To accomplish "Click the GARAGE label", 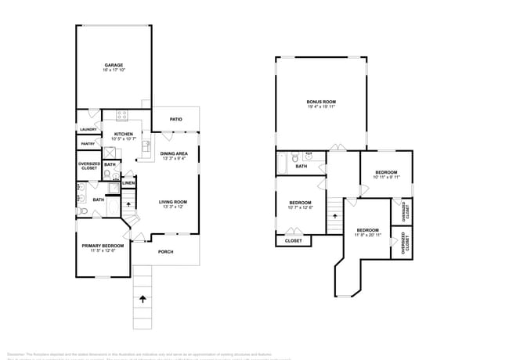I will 114,65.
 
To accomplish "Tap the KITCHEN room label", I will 124,134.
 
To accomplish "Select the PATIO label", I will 176,119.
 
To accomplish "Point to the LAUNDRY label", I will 87,129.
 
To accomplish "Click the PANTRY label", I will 87,144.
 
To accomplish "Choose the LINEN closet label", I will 128,183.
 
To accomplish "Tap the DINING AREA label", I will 173,153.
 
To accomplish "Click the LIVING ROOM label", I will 173,203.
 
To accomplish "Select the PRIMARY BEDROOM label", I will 103,245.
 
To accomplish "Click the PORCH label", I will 165,252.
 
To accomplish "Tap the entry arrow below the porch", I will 143,298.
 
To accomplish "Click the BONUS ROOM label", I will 320,102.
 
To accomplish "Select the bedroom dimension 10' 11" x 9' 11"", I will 386,177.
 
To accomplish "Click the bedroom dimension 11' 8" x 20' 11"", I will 367,235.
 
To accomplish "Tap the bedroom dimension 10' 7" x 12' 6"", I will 301,207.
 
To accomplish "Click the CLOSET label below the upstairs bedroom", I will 293,241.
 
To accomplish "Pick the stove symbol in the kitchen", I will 122,116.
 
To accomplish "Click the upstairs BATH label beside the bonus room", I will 301,166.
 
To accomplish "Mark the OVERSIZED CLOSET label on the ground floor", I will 88,166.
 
